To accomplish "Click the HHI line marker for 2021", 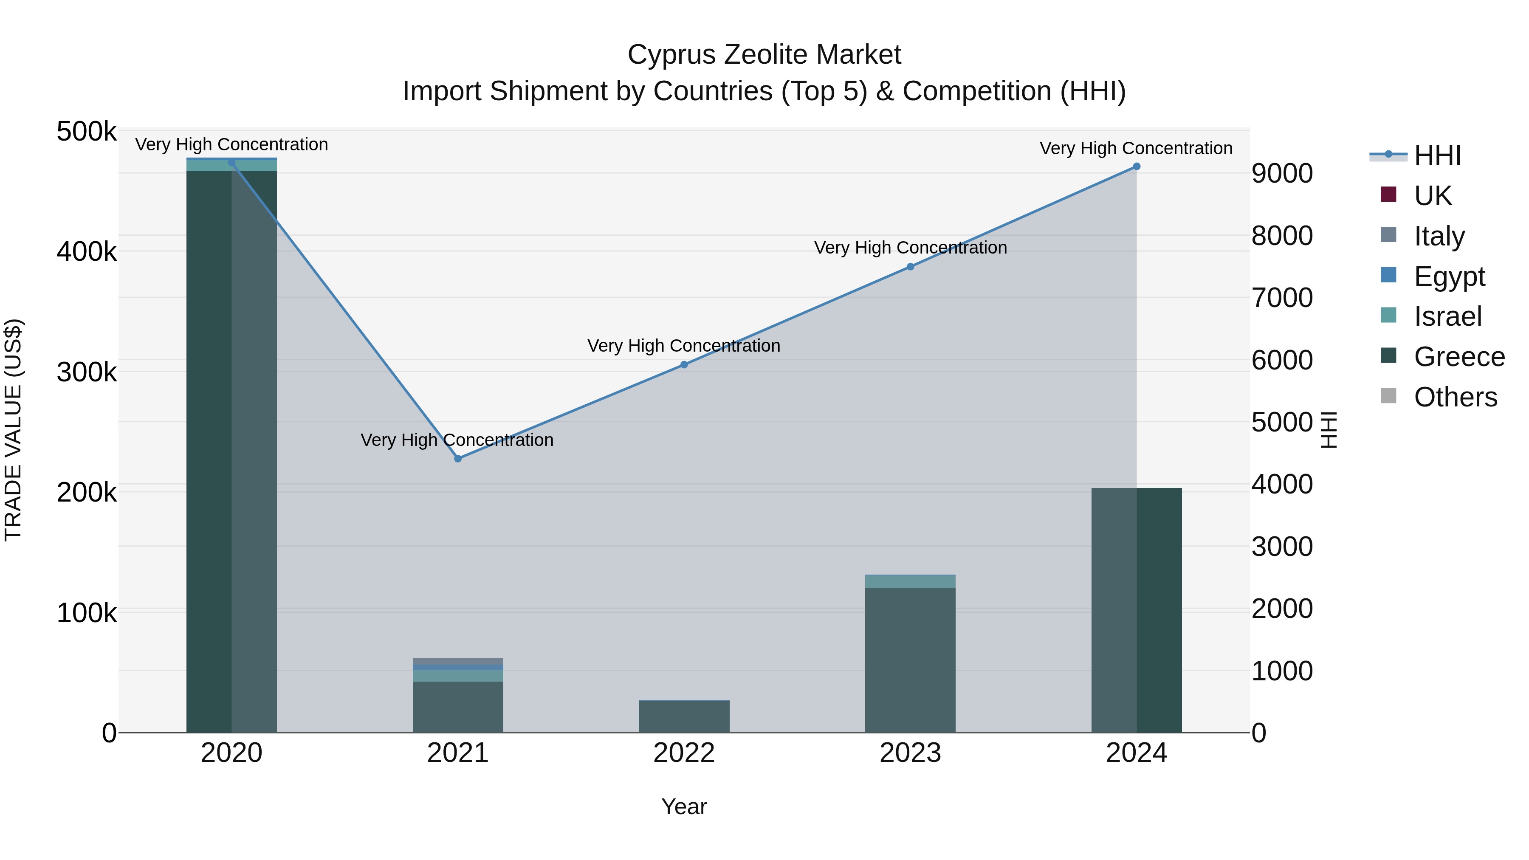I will click(457, 458).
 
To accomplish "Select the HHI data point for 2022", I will click(684, 364).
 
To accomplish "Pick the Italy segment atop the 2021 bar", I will click(457, 663).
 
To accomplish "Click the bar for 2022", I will click(684, 716).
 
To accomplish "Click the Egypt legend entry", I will click(1449, 276).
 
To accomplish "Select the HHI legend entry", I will click(1437, 155).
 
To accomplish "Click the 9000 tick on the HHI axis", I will click(1282, 173).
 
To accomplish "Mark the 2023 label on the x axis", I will click(911, 753).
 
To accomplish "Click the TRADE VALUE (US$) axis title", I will click(13, 430).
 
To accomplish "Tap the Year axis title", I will click(684, 806).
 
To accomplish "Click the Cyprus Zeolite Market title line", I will click(764, 55).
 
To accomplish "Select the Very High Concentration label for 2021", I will click(457, 440).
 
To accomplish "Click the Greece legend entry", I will click(1459, 357).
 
